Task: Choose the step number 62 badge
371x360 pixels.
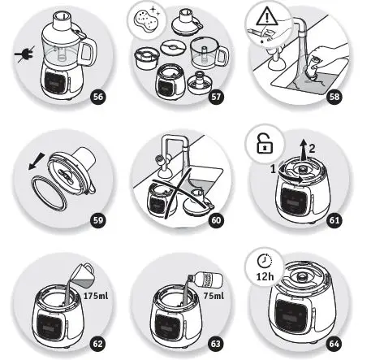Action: tap(97, 343)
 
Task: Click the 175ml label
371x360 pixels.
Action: tap(95, 297)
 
